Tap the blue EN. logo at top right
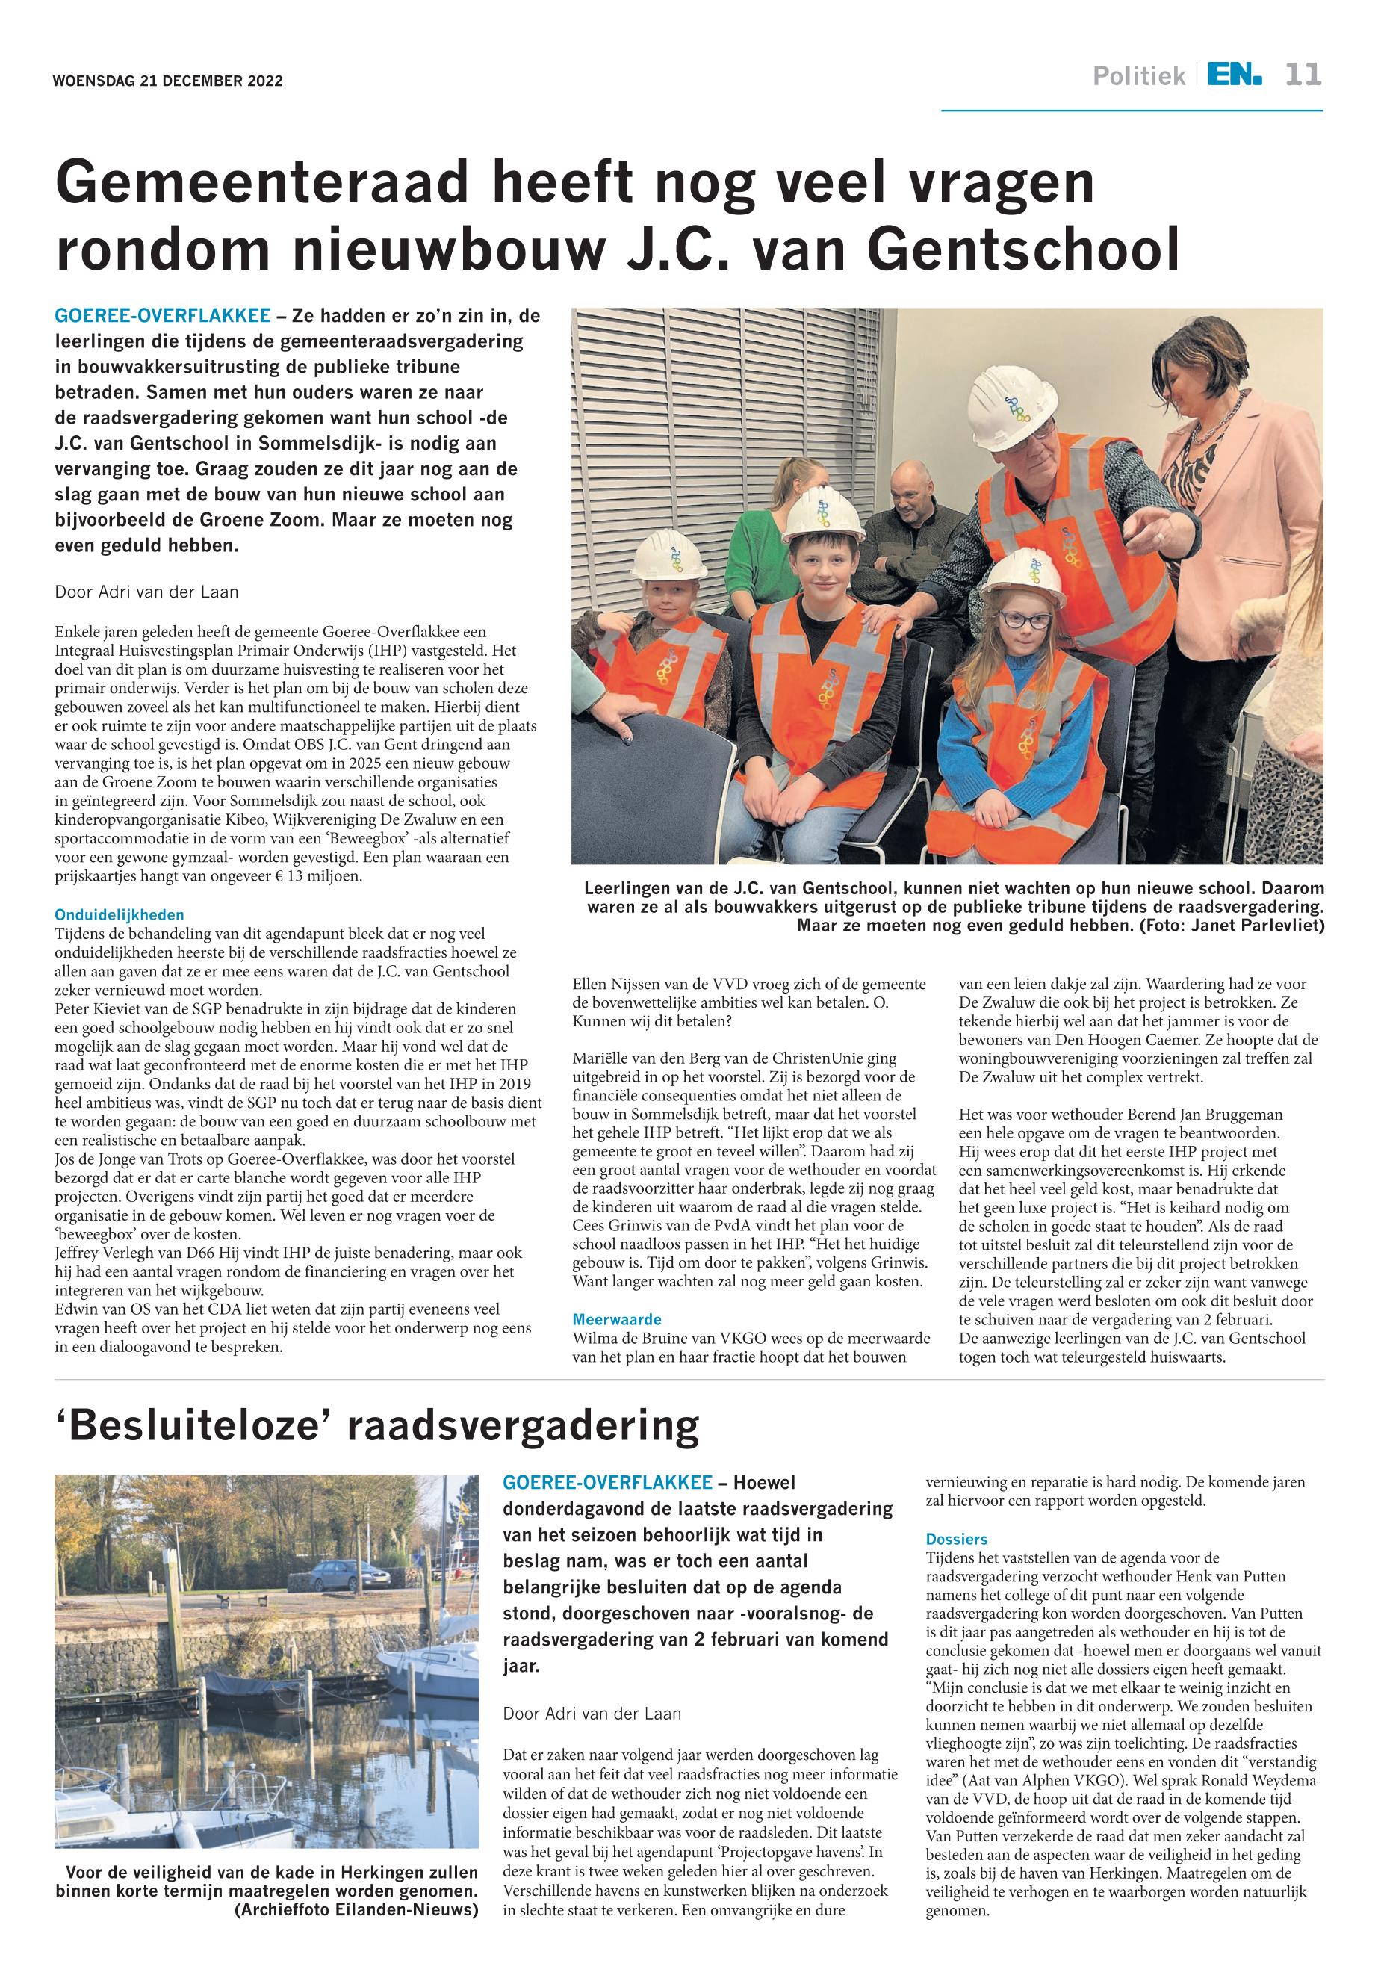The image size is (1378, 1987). point(1234,75)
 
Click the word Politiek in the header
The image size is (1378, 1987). point(1139,77)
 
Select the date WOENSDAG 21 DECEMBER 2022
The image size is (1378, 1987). point(167,82)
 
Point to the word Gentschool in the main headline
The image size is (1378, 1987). point(1023,249)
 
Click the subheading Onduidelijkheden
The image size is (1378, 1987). point(120,914)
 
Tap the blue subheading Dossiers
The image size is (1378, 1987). point(957,1539)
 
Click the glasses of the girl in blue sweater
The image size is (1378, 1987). point(1025,619)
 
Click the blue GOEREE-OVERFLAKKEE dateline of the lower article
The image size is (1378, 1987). point(607,1482)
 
